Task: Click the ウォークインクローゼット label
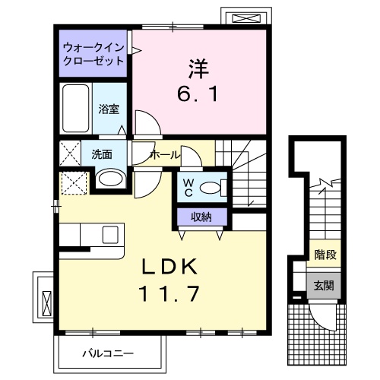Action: pos(94,53)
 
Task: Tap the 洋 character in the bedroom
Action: pos(199,66)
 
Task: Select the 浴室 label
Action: pos(109,109)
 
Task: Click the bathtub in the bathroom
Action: pos(75,109)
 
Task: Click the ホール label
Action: pos(165,154)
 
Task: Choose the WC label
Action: pos(188,185)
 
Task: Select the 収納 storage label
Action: pos(201,218)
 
